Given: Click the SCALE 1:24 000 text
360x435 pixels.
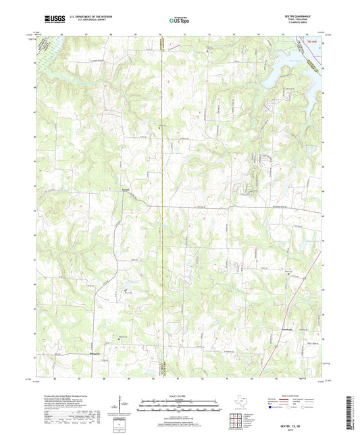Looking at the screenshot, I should click(x=179, y=396).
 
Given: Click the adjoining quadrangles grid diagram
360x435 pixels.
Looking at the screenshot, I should click(x=236, y=420).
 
